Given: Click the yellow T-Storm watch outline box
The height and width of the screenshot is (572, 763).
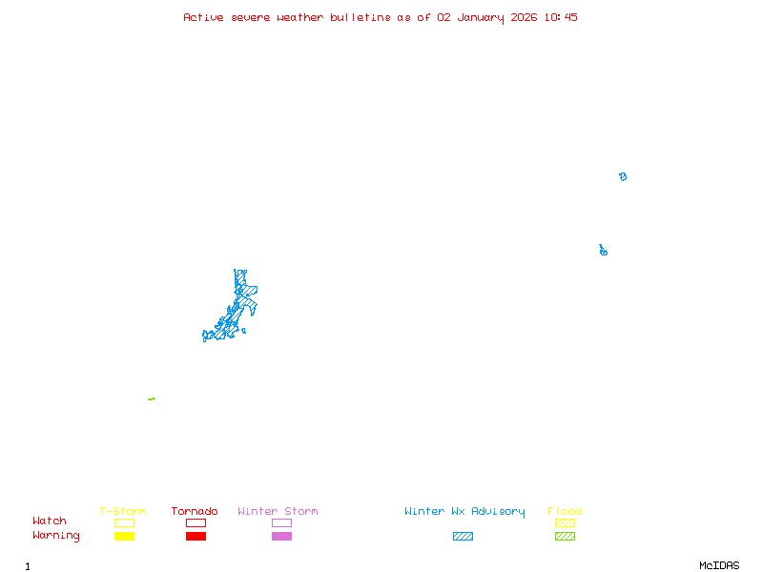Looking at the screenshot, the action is pos(124,522).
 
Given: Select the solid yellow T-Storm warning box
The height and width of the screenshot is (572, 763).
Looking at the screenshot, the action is pos(124,537).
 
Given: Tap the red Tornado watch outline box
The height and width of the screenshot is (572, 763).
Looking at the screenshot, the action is pos(196,522).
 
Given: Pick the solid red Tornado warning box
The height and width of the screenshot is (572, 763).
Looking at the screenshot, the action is pos(196,537).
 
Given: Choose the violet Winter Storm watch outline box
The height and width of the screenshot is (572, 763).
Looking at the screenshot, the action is pos(281,522).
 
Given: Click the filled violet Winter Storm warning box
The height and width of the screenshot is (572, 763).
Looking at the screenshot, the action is pos(281,537).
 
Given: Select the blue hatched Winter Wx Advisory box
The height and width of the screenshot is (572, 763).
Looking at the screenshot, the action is pos(463,537).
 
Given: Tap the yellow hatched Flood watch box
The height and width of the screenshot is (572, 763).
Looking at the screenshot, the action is pos(565,522).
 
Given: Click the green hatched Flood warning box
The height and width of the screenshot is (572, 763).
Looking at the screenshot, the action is pos(565,537).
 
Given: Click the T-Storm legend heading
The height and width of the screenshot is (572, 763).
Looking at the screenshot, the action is pos(123,511).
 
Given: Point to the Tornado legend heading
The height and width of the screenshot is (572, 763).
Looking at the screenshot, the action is pos(195,511).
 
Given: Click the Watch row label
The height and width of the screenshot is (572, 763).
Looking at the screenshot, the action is pos(50,521).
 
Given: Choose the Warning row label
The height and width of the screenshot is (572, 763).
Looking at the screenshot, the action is pos(55,536).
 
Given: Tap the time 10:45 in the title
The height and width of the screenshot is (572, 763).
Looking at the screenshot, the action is pos(561,17).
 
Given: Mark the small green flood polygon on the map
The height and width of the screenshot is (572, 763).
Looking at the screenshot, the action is pos(152,398).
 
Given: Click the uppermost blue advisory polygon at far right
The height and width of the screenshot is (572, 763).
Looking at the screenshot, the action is pos(623,176).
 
